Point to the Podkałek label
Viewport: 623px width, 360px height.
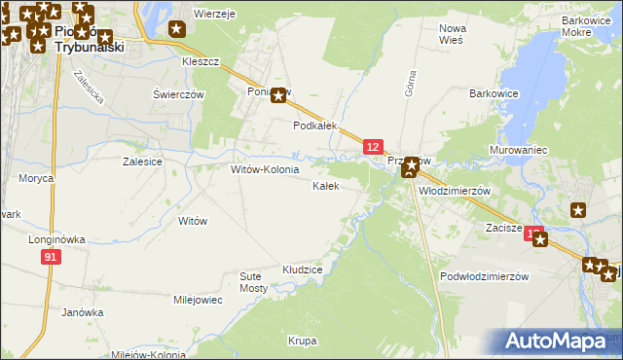315,126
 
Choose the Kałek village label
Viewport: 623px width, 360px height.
325,186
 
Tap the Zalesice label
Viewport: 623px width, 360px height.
141,162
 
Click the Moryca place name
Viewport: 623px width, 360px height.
35,178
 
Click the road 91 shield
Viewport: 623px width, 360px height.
52,256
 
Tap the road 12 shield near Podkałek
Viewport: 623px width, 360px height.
372,146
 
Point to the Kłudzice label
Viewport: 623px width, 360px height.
302,268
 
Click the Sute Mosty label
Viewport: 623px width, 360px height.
253,282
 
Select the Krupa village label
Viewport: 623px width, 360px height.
302,341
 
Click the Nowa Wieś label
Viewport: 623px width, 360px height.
452,34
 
